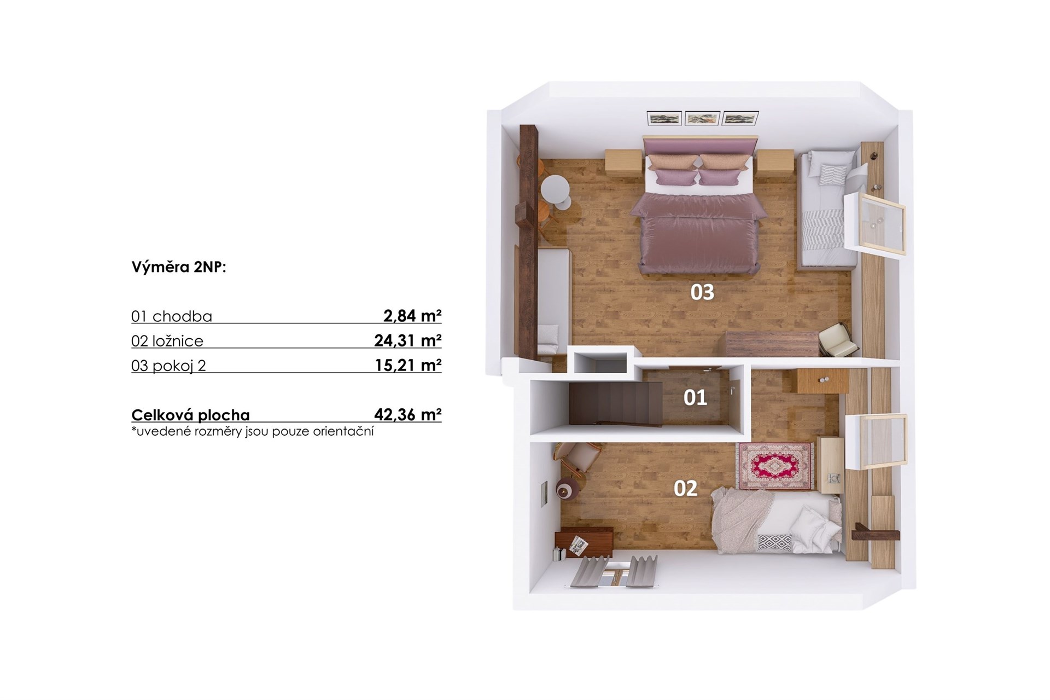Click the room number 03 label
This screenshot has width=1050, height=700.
(702, 292)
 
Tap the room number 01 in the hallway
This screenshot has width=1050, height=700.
(695, 398)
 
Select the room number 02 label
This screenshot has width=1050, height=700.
(685, 488)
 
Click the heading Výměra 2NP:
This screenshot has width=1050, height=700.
(179, 267)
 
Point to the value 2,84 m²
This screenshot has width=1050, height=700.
(412, 316)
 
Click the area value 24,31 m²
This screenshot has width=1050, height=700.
(408, 340)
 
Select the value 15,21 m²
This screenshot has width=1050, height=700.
(408, 365)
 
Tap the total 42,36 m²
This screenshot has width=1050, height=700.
(408, 414)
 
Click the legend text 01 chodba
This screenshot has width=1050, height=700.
(172, 316)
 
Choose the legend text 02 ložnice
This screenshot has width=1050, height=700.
(167, 341)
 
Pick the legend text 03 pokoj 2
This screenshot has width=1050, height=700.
(168, 366)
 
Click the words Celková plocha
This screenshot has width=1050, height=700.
(190, 415)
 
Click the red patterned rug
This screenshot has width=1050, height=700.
(776, 466)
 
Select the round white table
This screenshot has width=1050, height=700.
(555, 192)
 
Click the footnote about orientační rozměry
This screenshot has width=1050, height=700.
(253, 431)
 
